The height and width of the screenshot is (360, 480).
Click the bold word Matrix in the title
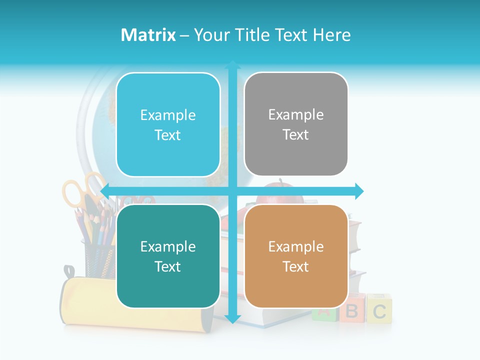148,35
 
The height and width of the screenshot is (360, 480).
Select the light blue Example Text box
168,124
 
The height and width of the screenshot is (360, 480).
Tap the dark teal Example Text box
168,256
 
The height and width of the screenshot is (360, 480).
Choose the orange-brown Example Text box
296,256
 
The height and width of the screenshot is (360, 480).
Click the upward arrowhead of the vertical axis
232,65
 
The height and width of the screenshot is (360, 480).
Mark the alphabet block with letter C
379,310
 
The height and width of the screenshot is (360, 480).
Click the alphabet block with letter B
353,311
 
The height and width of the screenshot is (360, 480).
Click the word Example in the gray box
296,115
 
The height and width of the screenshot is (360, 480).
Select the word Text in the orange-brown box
296,266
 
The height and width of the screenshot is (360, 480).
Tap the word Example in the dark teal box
168,246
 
